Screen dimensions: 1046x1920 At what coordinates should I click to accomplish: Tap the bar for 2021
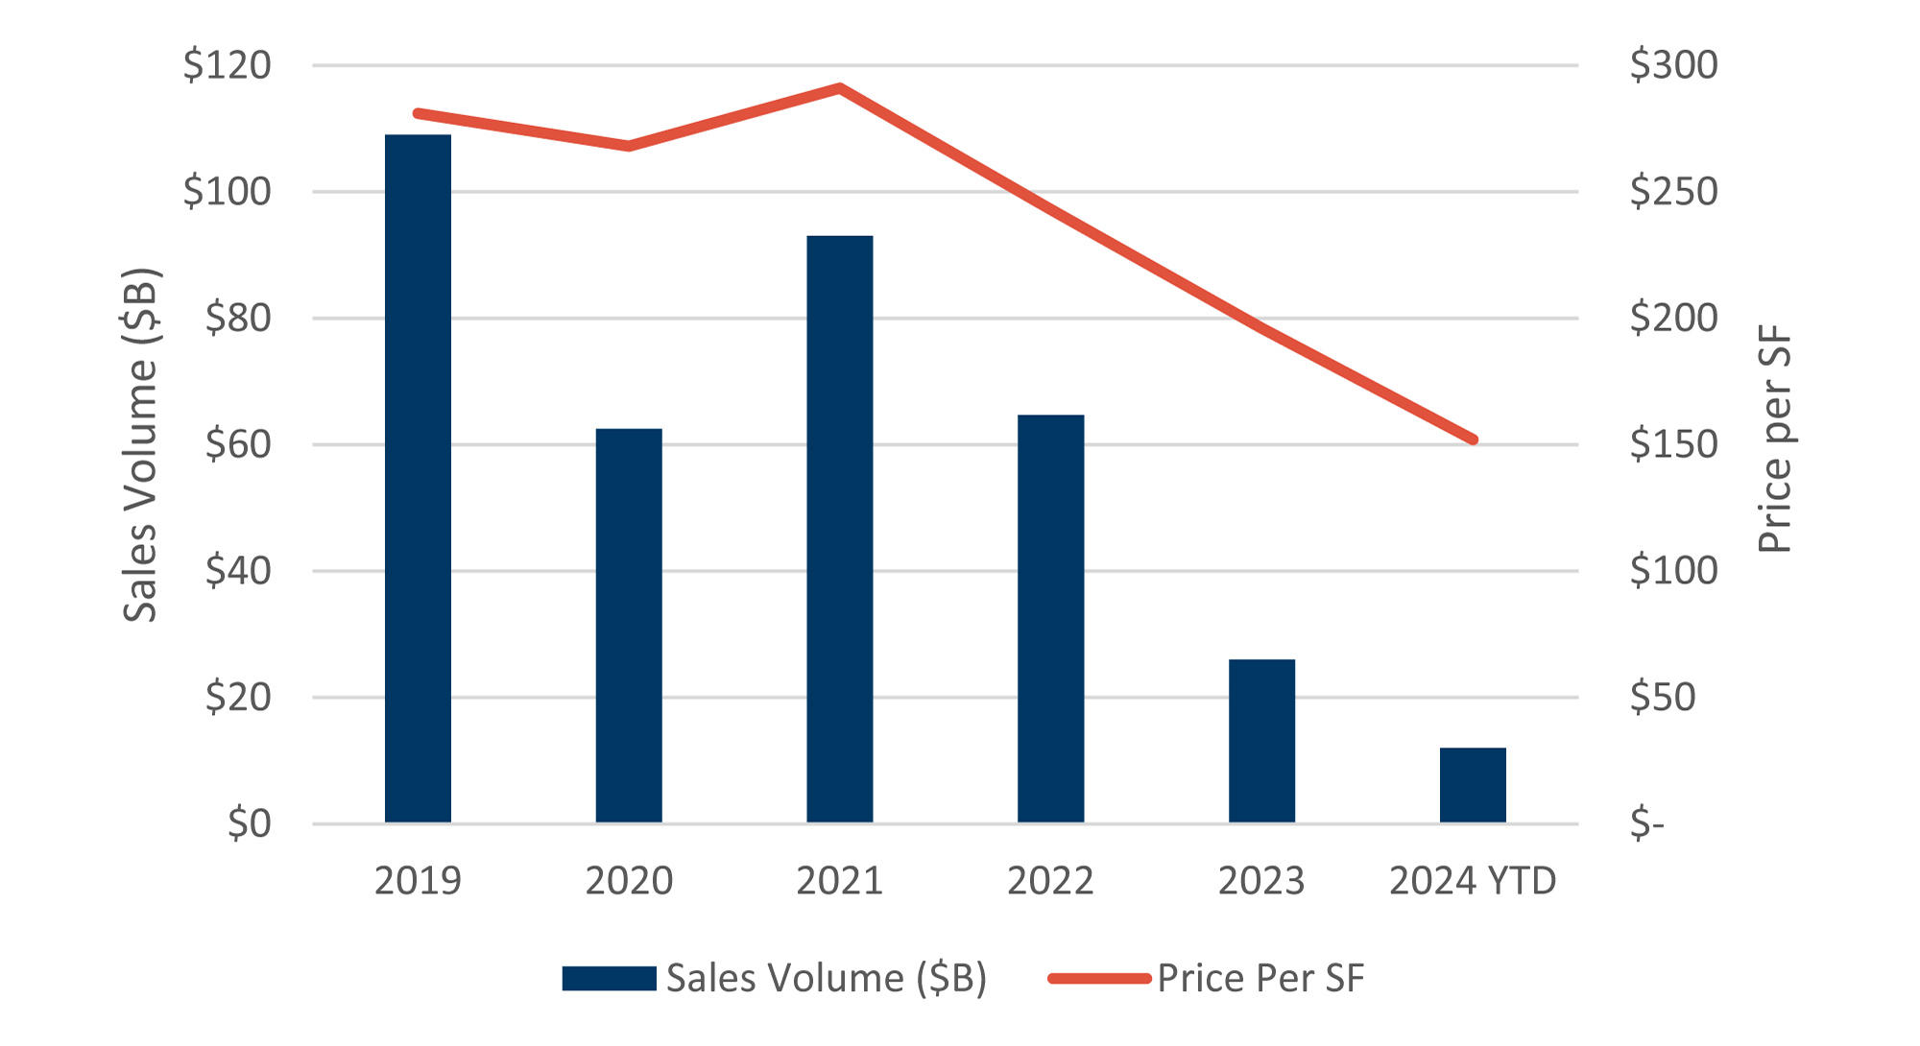tap(840, 529)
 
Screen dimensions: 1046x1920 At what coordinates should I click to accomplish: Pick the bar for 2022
tap(1051, 619)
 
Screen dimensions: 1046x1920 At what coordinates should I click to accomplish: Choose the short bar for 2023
tap(1261, 741)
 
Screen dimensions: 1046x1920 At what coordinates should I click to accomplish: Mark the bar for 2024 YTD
tap(1473, 785)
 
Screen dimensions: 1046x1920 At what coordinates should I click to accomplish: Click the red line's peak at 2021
tap(840, 88)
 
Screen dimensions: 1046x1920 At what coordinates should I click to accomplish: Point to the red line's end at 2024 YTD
tap(1473, 440)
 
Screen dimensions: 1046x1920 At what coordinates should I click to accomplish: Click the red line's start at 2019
tap(418, 114)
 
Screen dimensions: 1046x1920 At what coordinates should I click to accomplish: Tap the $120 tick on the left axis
tap(228, 65)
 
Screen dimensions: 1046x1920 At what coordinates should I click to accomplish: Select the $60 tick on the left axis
tap(238, 444)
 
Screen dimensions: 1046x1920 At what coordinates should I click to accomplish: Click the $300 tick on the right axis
tap(1673, 65)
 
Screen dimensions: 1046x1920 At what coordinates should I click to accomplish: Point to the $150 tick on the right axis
tap(1673, 444)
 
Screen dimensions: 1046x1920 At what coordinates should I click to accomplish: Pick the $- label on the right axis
tap(1646, 823)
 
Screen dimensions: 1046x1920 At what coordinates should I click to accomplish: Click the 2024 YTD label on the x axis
tap(1473, 881)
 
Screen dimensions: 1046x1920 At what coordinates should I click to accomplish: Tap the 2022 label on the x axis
tap(1050, 881)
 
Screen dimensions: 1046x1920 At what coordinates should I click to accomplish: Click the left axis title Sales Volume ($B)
tap(140, 444)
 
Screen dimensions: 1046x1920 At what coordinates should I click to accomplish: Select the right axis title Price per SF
tap(1774, 440)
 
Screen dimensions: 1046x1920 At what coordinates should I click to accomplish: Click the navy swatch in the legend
tap(609, 979)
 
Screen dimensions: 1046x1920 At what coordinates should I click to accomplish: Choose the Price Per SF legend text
tap(1260, 979)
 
